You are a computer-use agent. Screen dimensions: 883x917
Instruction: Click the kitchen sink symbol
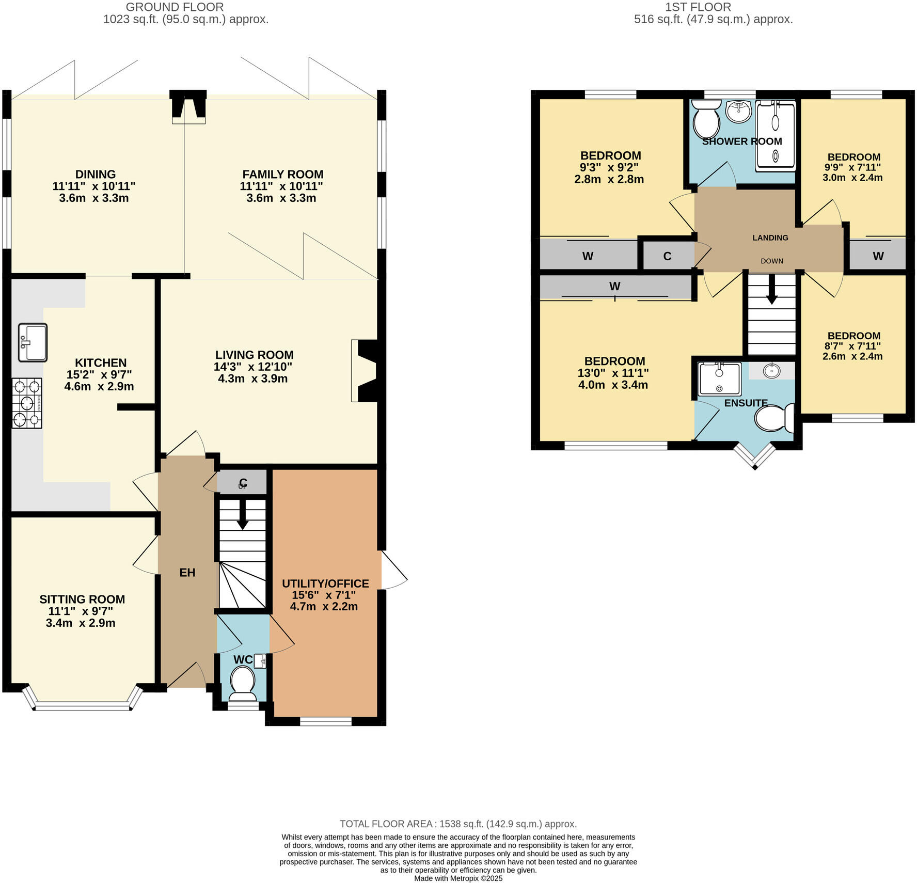pyautogui.click(x=33, y=342)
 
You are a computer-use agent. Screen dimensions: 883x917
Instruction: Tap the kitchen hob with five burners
pyautogui.click(x=27, y=403)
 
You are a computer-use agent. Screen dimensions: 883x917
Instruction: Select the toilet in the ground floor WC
pyautogui.click(x=242, y=681)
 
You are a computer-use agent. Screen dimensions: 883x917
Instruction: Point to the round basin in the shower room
pyautogui.click(x=738, y=111)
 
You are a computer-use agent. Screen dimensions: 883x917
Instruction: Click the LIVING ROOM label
pyautogui.click(x=254, y=355)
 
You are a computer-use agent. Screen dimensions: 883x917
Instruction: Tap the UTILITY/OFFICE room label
pyautogui.click(x=325, y=584)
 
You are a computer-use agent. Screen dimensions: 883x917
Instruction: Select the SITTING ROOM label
pyautogui.click(x=82, y=599)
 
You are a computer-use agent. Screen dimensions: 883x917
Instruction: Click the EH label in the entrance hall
pyautogui.click(x=187, y=572)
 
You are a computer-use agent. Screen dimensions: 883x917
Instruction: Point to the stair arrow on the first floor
pyautogui.click(x=771, y=291)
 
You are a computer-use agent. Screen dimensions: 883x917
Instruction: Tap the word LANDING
pyautogui.click(x=770, y=238)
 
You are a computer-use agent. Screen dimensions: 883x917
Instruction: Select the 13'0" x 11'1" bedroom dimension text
pyautogui.click(x=613, y=373)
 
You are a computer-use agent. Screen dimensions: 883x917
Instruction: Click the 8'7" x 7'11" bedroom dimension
pyautogui.click(x=852, y=346)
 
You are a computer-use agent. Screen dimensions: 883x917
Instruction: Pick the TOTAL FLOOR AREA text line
pyautogui.click(x=458, y=824)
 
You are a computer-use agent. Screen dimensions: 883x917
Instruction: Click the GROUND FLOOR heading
pyautogui.click(x=175, y=7)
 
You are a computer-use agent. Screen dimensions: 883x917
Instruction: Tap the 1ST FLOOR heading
pyautogui.click(x=698, y=7)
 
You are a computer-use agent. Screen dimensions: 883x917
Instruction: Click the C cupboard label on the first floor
pyautogui.click(x=667, y=256)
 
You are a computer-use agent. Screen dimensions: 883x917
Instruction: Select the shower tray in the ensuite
pyautogui.click(x=719, y=379)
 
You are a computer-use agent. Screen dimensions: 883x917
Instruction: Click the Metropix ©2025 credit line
pyautogui.click(x=458, y=878)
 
